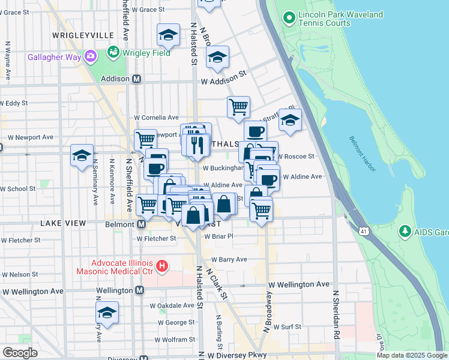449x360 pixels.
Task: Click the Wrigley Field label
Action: point(146,53)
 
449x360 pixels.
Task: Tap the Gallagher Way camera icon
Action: point(91,57)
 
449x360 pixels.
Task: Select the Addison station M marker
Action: point(137,79)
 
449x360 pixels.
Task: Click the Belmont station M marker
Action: point(141,224)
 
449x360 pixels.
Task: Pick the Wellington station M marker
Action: point(139,290)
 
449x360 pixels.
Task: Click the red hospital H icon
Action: point(161,265)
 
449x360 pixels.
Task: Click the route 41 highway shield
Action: point(365,230)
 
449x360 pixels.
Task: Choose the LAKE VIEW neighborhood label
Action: point(64,223)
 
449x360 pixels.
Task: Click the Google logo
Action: point(20,353)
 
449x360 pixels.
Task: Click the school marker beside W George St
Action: point(107,313)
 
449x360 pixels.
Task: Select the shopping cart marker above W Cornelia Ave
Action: point(238,107)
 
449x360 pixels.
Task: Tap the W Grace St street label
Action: point(148,10)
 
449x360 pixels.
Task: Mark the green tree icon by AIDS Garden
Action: point(406,230)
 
